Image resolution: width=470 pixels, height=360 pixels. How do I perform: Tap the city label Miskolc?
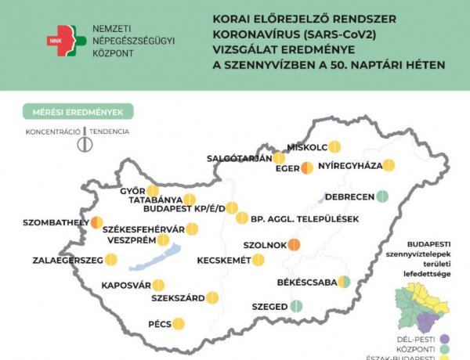point(307,146)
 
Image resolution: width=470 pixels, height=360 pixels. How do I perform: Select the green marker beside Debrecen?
point(382,196)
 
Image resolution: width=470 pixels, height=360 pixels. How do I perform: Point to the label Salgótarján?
point(240,158)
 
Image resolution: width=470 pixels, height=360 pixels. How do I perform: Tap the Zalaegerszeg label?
point(67,260)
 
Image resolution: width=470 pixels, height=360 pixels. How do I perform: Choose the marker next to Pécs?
point(178,323)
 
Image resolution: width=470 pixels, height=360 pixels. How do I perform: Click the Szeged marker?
point(296,307)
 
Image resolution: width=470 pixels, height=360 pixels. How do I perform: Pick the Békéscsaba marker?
point(344,282)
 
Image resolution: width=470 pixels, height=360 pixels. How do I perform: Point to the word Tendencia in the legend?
point(109,131)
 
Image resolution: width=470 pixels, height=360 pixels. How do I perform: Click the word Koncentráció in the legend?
point(53,131)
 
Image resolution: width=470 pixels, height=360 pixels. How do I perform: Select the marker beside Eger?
point(307,167)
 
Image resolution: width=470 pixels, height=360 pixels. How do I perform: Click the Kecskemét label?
point(224,260)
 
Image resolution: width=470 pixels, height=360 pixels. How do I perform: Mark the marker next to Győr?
point(153,190)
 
